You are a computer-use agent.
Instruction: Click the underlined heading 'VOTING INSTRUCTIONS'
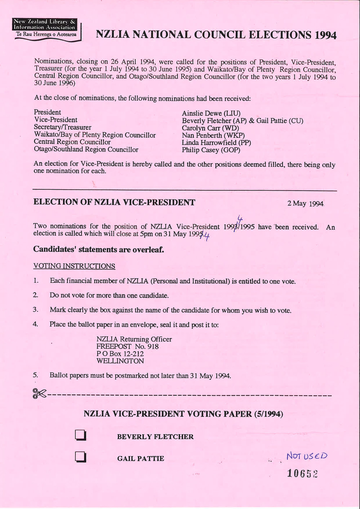[x=74, y=266]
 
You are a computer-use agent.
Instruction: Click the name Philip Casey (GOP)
[x=211, y=150]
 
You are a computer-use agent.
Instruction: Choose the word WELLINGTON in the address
[x=120, y=361]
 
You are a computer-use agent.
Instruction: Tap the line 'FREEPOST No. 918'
[x=128, y=347]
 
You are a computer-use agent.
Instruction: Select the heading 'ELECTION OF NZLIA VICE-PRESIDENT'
[x=114, y=202]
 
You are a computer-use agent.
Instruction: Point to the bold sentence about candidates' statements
[x=98, y=249]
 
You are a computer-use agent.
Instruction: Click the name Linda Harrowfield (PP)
[x=216, y=143]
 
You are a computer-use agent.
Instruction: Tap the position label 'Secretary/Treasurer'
[x=62, y=127]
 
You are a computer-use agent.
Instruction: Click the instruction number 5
[x=35, y=375]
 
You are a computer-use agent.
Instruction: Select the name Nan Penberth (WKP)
[x=213, y=135]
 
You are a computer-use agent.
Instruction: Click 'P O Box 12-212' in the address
[x=120, y=354]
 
